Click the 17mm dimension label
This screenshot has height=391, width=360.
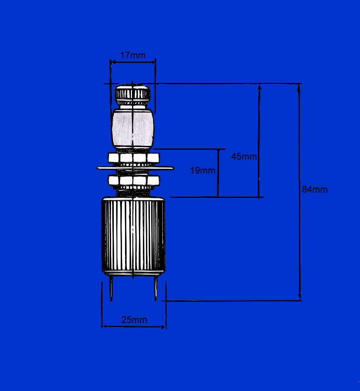(133, 55)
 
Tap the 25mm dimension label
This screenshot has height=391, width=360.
(134, 320)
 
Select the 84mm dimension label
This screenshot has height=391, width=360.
(315, 190)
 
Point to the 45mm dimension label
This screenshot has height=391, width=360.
(244, 156)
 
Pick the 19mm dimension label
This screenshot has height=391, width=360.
(203, 171)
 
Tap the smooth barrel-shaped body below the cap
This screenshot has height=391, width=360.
(132, 128)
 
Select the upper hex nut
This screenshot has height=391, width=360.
(134, 158)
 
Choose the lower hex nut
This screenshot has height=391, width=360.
(134, 180)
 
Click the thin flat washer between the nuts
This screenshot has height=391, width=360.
(135, 168)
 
